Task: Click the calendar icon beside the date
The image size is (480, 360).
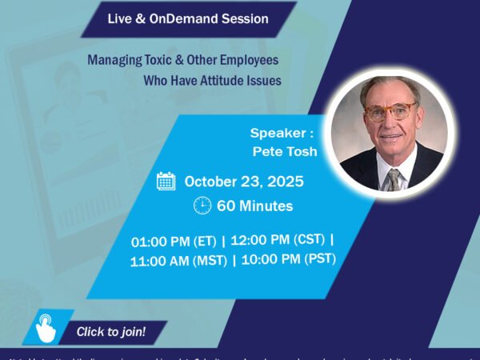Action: (x=166, y=181)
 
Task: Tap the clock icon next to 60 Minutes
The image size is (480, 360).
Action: (x=202, y=206)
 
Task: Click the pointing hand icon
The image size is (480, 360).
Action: (x=46, y=330)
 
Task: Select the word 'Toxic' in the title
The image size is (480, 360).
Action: (x=162, y=59)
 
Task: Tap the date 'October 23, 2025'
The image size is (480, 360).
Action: (x=244, y=182)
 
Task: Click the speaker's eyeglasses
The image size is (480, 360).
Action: (x=390, y=111)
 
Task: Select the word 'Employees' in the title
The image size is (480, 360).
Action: (x=254, y=59)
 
